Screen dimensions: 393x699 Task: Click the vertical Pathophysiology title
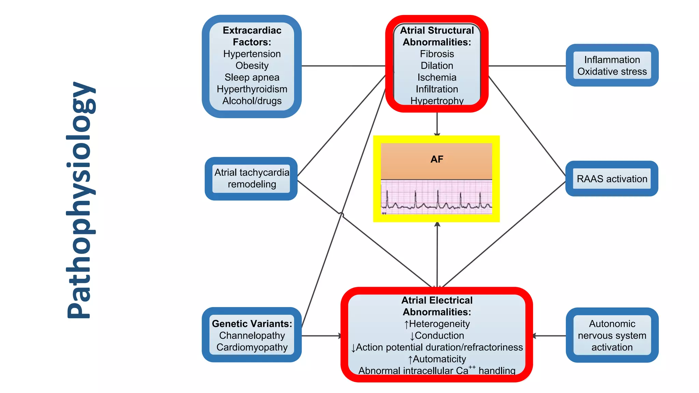click(80, 201)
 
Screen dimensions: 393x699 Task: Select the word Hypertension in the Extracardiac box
click(252, 54)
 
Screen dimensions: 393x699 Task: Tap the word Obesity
click(252, 65)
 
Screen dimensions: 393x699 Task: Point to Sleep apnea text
click(252, 77)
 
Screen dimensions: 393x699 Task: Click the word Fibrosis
click(437, 54)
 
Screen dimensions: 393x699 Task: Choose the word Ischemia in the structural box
click(437, 77)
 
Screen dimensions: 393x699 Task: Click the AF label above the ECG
click(437, 159)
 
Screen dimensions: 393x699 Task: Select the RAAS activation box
click(612, 179)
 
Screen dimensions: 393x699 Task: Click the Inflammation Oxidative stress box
click(612, 65)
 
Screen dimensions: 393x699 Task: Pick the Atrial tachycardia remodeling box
click(252, 178)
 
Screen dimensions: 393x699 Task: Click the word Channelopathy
click(252, 335)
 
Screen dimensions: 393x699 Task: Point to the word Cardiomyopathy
click(252, 347)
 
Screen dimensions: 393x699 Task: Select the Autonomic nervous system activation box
click(612, 335)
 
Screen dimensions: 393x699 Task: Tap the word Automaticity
click(439, 359)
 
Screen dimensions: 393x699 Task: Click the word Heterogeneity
click(439, 324)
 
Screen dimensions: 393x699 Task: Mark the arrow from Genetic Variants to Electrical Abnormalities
click(321, 336)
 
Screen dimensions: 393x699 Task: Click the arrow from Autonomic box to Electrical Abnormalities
click(550, 336)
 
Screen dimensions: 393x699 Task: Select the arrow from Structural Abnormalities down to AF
click(437, 124)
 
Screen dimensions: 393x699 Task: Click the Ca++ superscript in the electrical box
click(472, 367)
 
